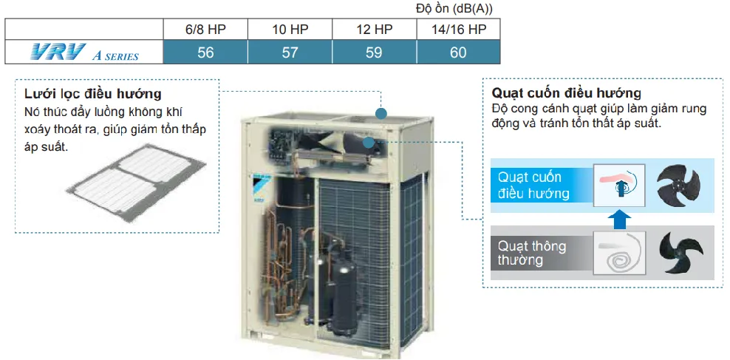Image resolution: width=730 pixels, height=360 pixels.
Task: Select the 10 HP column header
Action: [290, 30]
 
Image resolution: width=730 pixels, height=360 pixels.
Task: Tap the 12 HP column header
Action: [374, 30]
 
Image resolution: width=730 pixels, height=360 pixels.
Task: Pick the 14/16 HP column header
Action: [458, 30]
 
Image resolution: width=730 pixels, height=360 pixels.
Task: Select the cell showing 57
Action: [290, 52]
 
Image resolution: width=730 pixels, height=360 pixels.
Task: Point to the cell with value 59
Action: [374, 52]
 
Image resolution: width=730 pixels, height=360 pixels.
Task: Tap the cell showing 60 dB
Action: [458, 52]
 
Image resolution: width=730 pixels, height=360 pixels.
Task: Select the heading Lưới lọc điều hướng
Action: [92, 95]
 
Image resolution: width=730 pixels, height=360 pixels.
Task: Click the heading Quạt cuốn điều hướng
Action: [566, 94]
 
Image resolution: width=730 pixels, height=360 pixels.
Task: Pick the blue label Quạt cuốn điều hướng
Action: [534, 185]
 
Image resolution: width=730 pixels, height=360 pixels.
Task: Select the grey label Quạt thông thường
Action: [532, 252]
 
